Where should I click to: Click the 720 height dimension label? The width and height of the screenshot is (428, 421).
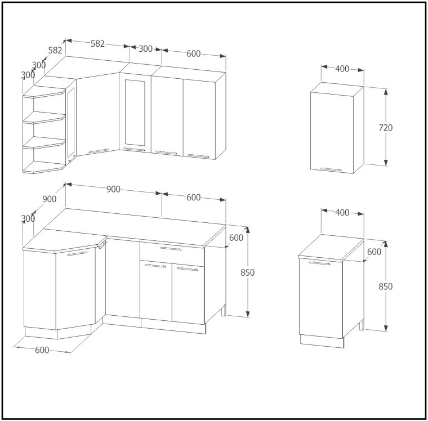[x=385, y=127]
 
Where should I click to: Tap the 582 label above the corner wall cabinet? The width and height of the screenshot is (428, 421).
[x=98, y=43]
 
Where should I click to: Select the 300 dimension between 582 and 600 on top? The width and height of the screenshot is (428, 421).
[x=145, y=48]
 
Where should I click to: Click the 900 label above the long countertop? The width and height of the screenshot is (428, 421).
[x=113, y=189]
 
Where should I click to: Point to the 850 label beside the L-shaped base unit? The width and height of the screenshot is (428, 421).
[x=248, y=272]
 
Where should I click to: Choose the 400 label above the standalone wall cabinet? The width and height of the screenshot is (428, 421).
[x=342, y=69]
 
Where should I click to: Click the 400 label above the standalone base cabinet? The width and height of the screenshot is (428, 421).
[x=342, y=212]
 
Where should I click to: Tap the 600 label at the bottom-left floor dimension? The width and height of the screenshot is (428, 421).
[x=42, y=350]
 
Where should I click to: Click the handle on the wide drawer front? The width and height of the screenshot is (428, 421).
[x=171, y=249]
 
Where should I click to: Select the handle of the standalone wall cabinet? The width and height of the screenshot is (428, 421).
[x=331, y=169]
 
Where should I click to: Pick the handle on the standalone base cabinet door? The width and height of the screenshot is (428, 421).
[x=319, y=263]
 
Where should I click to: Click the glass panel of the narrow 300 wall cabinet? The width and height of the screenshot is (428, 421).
[x=135, y=113]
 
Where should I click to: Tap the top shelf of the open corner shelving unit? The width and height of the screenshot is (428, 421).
[x=44, y=92]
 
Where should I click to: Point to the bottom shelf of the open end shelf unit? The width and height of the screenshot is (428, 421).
[x=44, y=167]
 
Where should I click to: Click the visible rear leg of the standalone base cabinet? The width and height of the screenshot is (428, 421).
[x=362, y=325]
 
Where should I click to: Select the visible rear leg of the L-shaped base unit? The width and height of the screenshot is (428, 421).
[x=224, y=311]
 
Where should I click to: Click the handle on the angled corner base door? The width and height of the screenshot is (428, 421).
[x=78, y=254]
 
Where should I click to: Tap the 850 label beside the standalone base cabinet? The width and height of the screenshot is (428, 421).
[x=385, y=286]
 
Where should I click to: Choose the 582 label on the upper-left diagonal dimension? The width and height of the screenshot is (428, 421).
[x=55, y=50]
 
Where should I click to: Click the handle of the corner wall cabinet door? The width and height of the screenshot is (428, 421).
[x=99, y=151]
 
